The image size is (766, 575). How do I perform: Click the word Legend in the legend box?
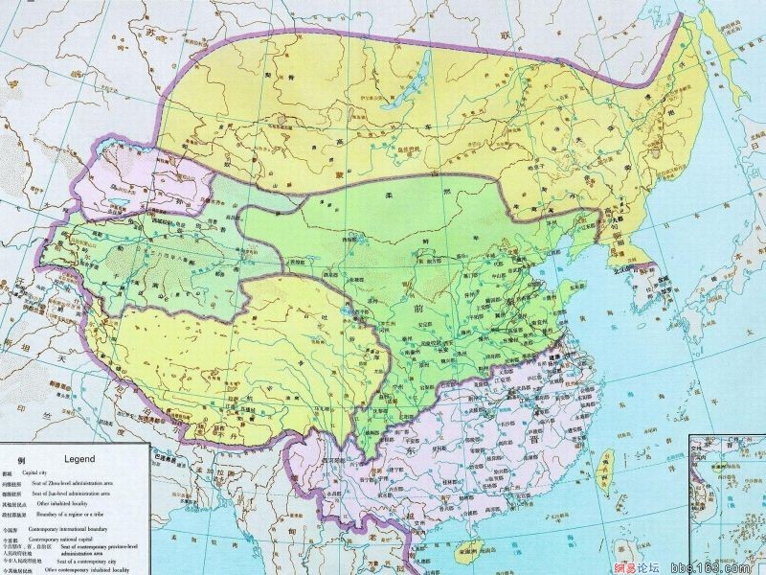tap(80, 459)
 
